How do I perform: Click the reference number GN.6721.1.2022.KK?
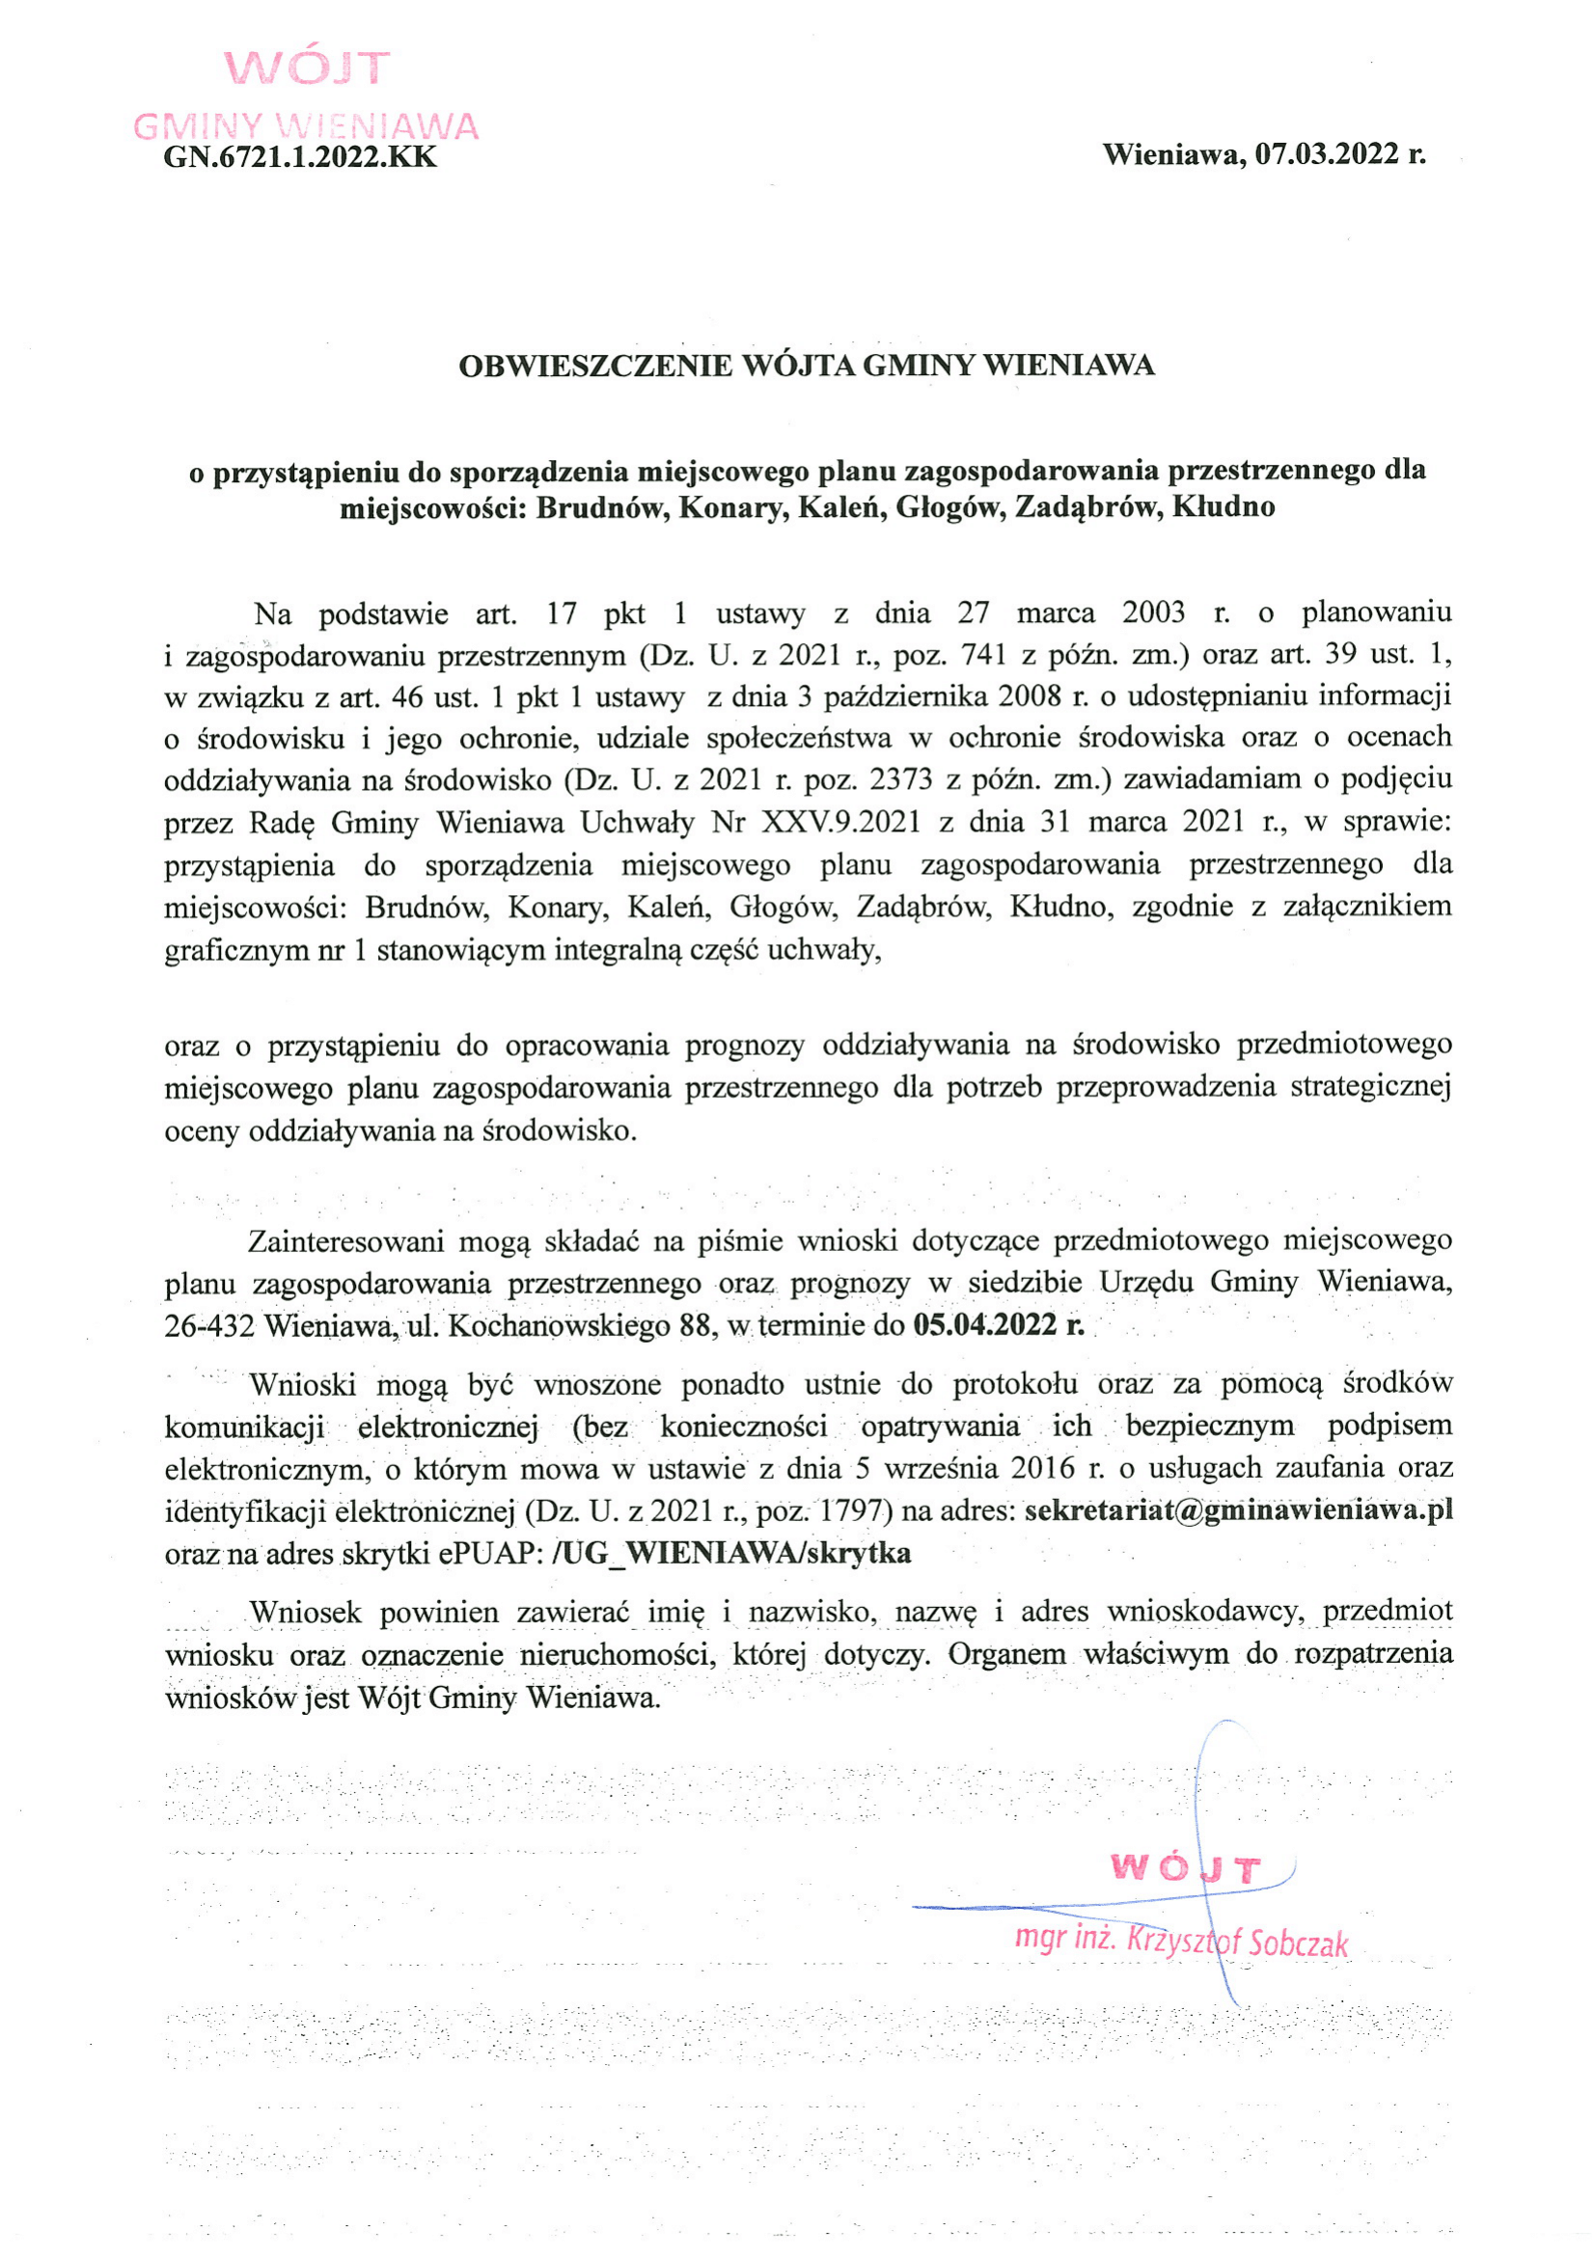[300, 157]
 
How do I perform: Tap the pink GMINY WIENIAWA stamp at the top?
[306, 125]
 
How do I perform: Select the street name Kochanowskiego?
[558, 1326]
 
